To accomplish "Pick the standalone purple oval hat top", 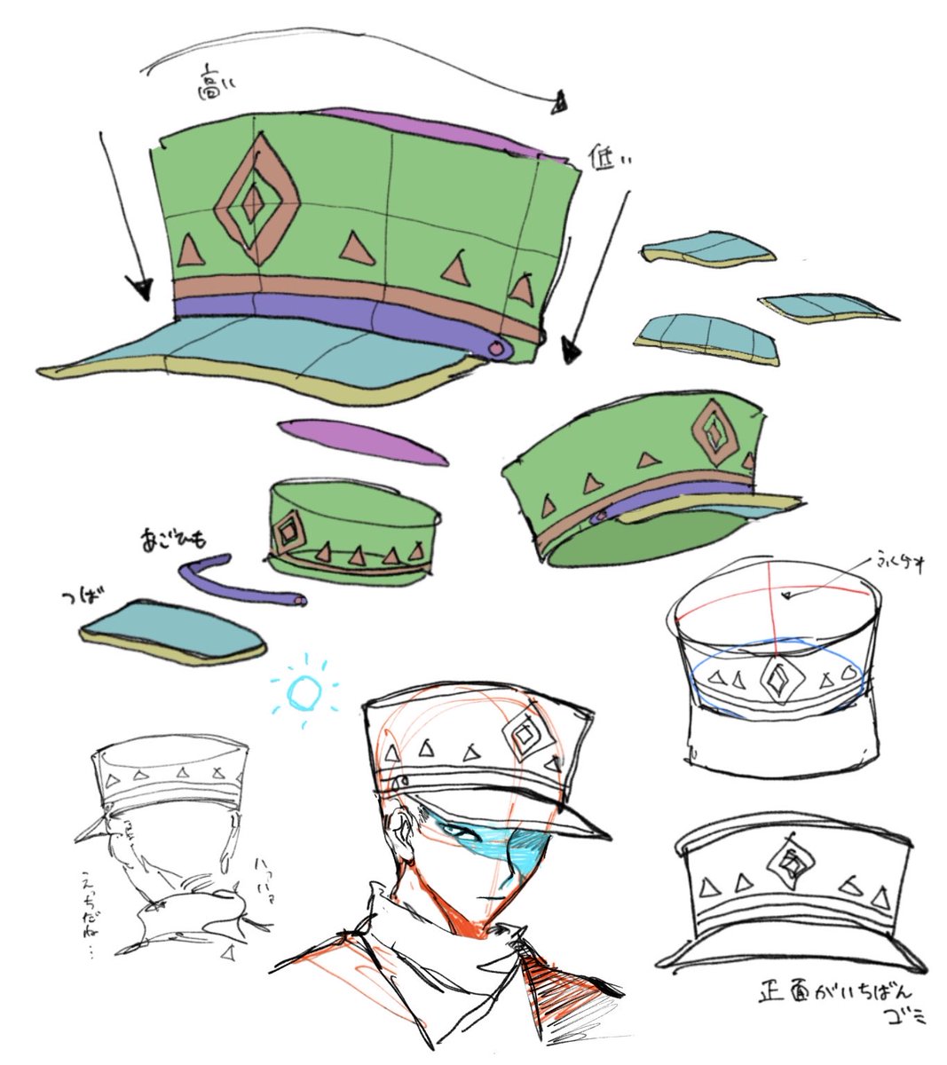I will click(x=362, y=441).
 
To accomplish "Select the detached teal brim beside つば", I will click(x=172, y=632).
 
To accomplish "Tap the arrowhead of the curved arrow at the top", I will click(x=557, y=105).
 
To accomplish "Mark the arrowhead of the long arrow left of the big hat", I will click(x=138, y=287).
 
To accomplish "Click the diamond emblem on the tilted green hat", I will click(x=714, y=430).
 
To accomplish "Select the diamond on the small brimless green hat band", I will click(x=287, y=530).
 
